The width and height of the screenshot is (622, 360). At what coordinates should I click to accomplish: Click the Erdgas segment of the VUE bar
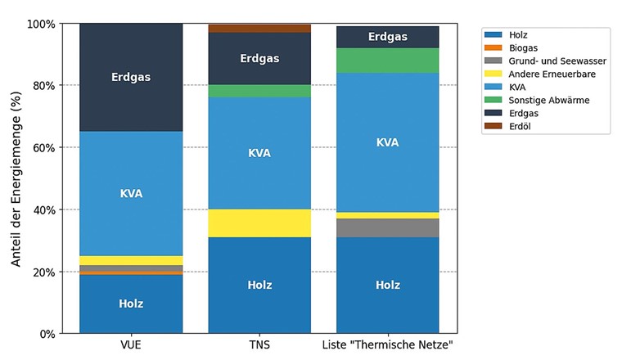point(131,77)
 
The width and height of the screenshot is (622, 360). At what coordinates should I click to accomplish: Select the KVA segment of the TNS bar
point(259,153)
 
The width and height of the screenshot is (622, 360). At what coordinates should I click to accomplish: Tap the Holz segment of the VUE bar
point(131,304)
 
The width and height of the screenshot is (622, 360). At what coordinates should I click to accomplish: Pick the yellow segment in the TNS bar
point(259,223)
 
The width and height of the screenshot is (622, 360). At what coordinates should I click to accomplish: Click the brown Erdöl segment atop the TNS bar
point(259,29)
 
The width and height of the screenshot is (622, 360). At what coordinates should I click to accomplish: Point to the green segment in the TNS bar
point(259,91)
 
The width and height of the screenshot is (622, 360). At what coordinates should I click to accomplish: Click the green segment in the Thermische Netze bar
point(388,61)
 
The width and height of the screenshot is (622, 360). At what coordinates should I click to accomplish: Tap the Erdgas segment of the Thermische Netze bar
point(388,37)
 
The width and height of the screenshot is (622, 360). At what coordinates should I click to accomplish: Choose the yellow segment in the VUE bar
point(131,260)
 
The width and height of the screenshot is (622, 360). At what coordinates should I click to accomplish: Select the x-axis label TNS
point(259,345)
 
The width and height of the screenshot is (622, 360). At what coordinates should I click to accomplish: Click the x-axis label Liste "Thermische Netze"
point(388,345)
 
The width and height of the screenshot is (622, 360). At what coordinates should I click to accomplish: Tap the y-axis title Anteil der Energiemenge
point(15,178)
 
